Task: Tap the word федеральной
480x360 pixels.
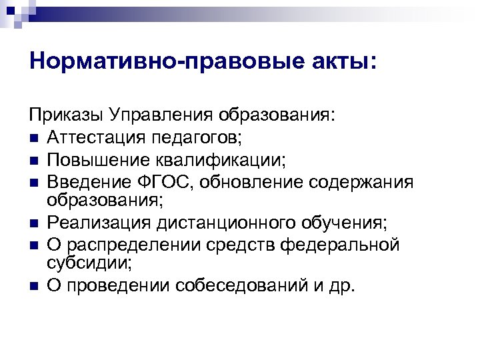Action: point(341,245)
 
